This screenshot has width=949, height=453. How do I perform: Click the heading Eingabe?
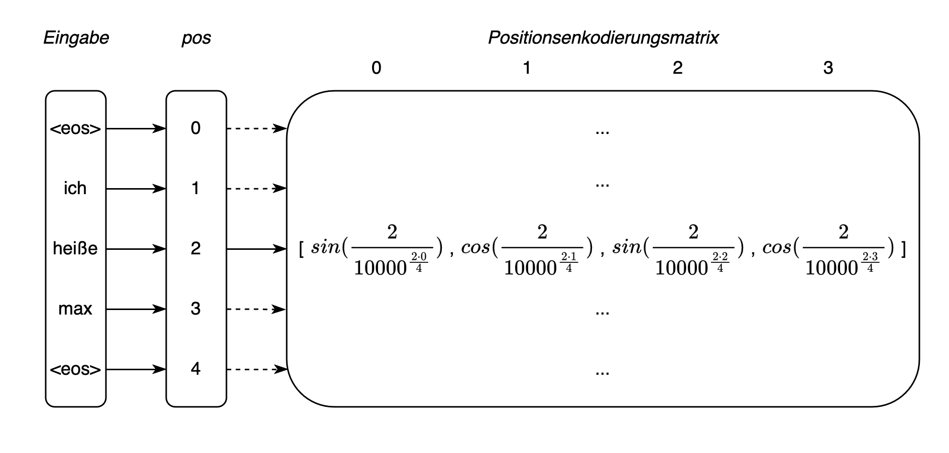76,38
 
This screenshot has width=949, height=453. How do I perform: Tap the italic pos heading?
196,38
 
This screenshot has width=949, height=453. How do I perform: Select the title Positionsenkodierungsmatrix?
603,38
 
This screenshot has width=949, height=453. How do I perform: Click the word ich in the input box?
75,189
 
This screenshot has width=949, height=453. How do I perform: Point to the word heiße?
75,248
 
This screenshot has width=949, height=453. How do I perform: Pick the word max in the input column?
75,309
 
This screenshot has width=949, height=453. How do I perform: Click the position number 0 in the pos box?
196,128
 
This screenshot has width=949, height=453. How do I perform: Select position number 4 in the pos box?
196,369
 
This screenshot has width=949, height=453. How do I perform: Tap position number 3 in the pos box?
196,309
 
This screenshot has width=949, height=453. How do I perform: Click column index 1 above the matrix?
527,68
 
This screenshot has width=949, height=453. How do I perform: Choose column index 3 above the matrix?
828,68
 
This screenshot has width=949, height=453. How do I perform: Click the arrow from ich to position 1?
136,189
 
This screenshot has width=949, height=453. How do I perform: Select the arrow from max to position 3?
136,309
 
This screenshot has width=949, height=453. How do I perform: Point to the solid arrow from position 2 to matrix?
257,249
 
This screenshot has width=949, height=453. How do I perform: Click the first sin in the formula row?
325,248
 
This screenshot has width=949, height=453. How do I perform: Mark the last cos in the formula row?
777,248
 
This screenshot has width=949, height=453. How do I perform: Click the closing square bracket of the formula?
903,249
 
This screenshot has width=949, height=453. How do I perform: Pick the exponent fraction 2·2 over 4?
720,262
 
